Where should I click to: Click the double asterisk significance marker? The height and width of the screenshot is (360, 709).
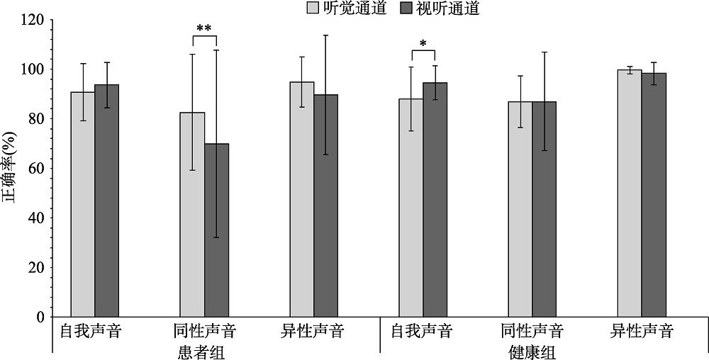pyautogui.click(x=204, y=28)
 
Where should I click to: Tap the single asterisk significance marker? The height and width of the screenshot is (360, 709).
pyautogui.click(x=423, y=44)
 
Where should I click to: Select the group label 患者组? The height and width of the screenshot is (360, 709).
pyautogui.click(x=204, y=351)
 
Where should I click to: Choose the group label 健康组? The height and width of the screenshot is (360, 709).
pyautogui.click(x=532, y=351)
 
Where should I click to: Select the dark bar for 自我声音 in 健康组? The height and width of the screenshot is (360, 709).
pyautogui.click(x=435, y=199)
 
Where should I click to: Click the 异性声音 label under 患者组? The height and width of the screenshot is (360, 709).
pyautogui.click(x=313, y=331)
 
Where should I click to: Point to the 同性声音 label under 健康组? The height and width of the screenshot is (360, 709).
pyautogui.click(x=532, y=331)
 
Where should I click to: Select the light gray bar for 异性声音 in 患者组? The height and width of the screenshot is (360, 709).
pyautogui.click(x=301, y=199)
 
